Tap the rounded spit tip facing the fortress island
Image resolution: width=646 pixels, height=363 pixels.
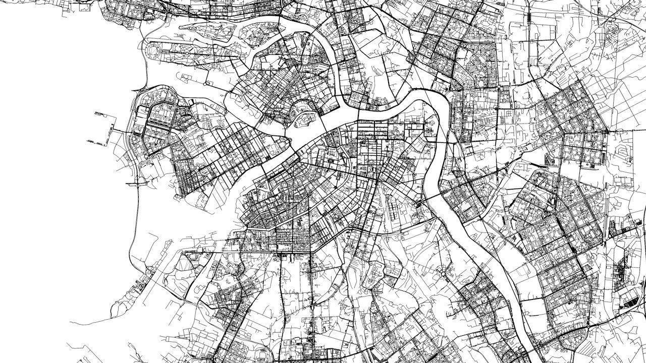click(288, 137)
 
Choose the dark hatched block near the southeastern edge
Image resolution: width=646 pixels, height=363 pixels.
click(631, 301)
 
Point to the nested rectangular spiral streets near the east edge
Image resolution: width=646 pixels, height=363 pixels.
click(622, 154)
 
